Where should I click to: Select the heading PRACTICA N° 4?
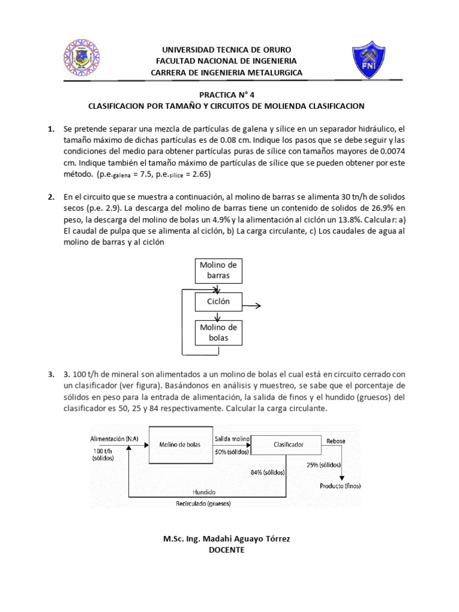[229, 94]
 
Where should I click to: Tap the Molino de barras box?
[219, 271]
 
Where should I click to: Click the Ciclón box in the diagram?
[219, 302]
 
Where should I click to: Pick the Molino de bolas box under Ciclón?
[219, 333]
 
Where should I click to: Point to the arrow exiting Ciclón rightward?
[252, 305]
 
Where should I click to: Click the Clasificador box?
[288, 445]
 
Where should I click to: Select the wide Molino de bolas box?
[180, 445]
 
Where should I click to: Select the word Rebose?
[336, 441]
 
